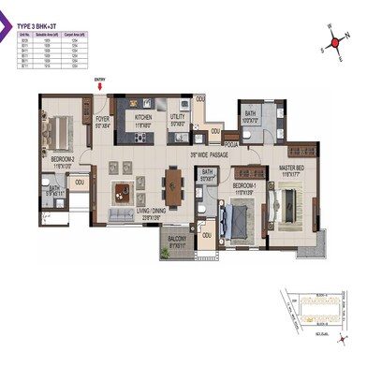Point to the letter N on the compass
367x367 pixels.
(345, 29)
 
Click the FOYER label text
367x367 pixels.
(102, 120)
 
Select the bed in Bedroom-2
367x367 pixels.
(58, 132)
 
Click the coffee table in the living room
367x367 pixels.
(120, 193)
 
